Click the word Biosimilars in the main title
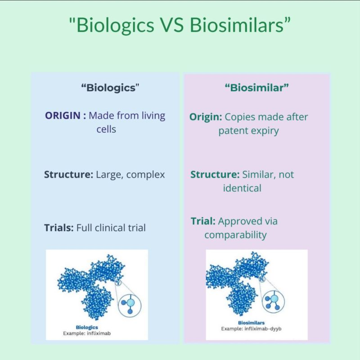[239, 25]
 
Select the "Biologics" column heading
[108, 88]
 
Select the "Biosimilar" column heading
[256, 88]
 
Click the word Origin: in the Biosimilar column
[206, 117]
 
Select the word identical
[242, 188]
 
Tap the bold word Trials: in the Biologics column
[58, 227]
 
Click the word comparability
[235, 235]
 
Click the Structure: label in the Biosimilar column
[215, 174]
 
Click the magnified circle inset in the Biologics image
[130, 304]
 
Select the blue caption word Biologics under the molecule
[87, 328]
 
